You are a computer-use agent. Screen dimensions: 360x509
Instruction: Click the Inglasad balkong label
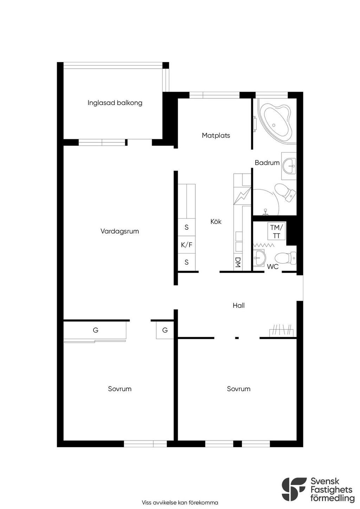115,103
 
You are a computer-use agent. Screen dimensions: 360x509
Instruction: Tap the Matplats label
216,136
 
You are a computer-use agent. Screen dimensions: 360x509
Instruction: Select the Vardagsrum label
120,231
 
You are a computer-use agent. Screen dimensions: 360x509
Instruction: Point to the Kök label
216,221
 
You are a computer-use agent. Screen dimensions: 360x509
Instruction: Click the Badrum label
267,163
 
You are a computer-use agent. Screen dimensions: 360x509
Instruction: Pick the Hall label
239,305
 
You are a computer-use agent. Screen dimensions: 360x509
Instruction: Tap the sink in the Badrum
289,166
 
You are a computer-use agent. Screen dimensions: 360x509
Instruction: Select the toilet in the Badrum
285,192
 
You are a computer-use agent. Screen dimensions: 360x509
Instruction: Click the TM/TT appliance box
276,231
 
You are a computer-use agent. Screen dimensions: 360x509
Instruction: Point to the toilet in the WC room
285,258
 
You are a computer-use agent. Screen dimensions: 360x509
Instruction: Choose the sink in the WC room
259,258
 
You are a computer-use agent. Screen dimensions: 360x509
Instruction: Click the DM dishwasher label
238,262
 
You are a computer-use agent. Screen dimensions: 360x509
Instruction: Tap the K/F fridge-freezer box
186,245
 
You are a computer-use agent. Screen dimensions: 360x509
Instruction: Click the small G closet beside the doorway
165,330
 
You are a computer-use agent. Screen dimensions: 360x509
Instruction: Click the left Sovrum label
120,389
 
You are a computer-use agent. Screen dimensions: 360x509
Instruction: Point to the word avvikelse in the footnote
165,502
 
